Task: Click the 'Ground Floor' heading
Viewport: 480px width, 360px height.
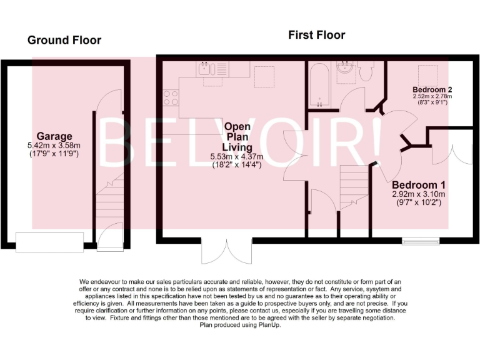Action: click(x=64, y=41)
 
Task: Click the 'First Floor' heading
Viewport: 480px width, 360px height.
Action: click(x=316, y=35)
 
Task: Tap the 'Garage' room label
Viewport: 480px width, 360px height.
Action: click(x=54, y=136)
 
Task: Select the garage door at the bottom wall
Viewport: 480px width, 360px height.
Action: click(x=49, y=241)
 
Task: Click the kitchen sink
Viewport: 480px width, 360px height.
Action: click(x=207, y=69)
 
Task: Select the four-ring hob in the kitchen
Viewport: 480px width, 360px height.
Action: click(x=170, y=97)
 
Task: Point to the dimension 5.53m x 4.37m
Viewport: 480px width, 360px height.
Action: click(x=239, y=156)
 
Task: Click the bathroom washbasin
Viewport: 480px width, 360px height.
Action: click(x=345, y=71)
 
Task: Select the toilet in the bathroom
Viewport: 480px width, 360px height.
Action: click(x=367, y=72)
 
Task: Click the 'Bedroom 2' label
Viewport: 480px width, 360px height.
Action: click(x=432, y=89)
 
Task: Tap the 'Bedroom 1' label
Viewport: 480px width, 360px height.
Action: click(x=418, y=185)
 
